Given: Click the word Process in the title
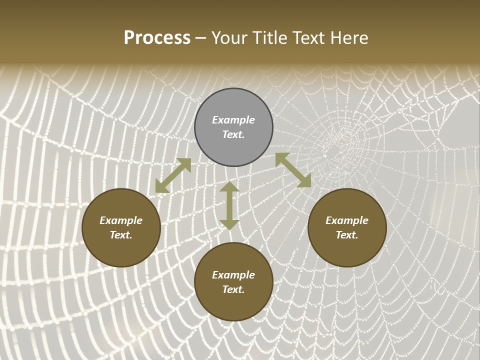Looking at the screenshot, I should [x=157, y=38].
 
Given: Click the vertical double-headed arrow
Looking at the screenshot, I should [x=229, y=205].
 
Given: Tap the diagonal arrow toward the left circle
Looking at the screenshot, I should [x=173, y=175].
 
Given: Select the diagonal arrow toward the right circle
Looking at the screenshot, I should [x=293, y=170].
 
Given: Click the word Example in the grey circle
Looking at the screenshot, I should [x=233, y=120].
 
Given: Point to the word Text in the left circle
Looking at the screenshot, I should [x=121, y=235].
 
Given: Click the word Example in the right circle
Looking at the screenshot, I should [x=347, y=220].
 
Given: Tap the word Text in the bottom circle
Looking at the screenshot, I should [x=233, y=289].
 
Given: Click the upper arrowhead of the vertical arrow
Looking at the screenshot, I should [x=229, y=187].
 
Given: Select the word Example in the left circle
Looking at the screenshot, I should [x=121, y=220].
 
